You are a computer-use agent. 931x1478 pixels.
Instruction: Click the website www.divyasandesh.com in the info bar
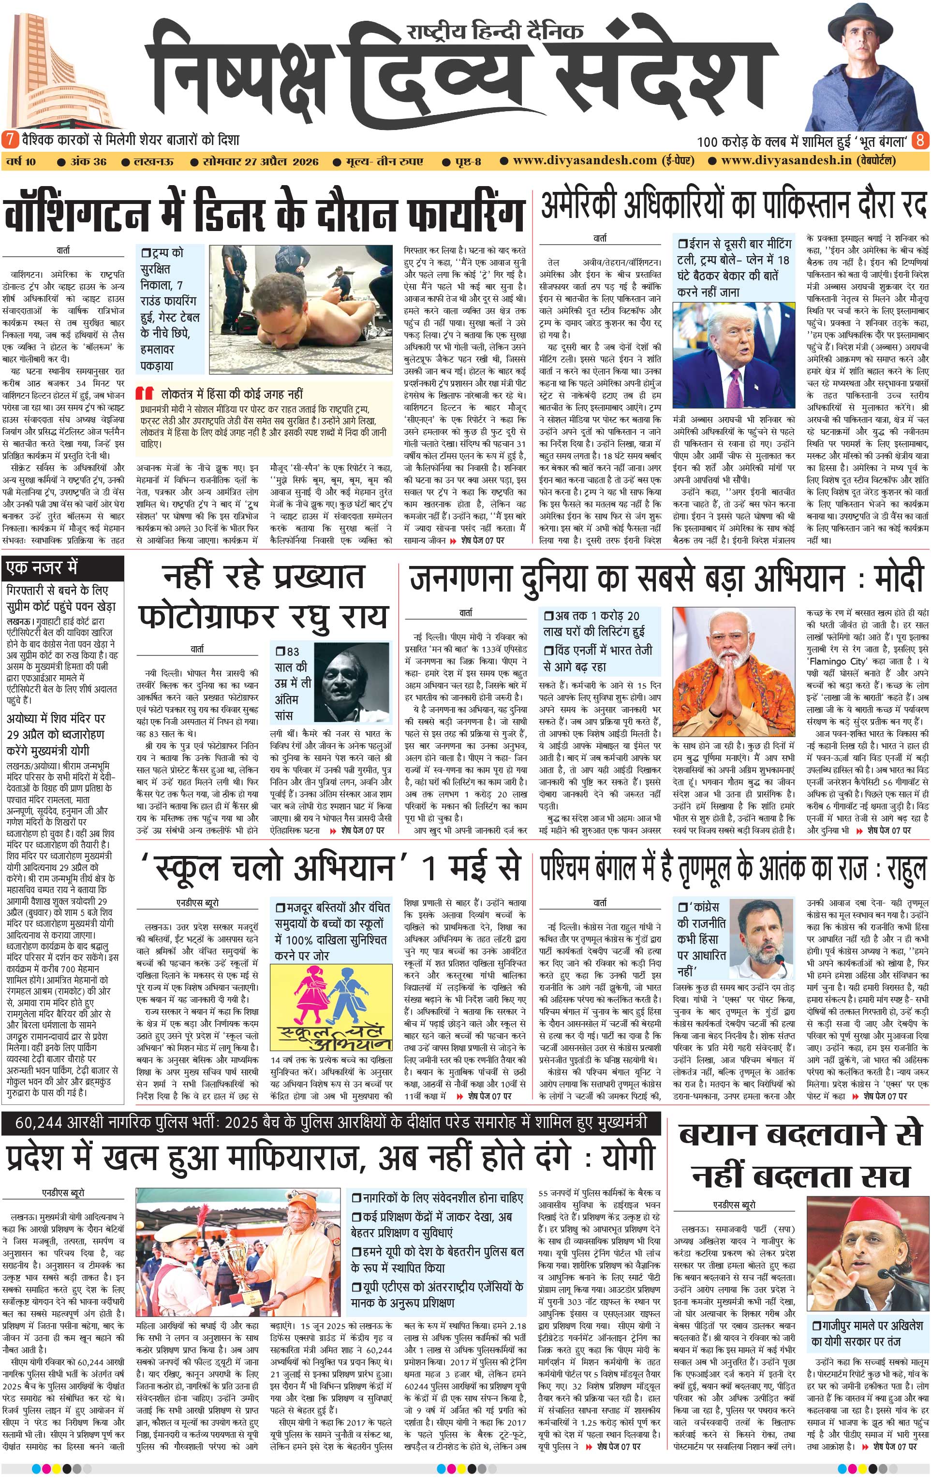pos(585,161)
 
